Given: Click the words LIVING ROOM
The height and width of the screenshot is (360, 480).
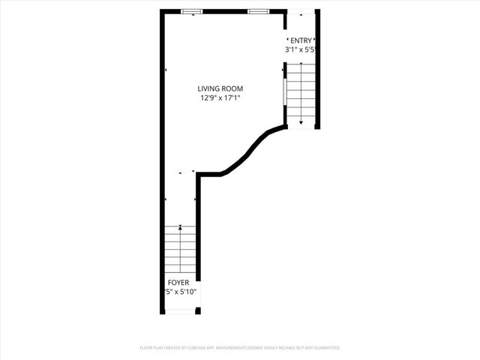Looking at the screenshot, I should [x=220, y=88].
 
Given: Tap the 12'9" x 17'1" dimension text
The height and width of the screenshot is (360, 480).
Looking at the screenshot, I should [x=220, y=98].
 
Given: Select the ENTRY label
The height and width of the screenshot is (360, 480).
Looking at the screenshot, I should [x=301, y=40].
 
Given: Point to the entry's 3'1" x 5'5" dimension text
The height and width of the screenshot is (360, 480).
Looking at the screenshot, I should [x=300, y=50].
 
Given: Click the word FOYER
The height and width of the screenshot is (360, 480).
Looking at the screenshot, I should [x=178, y=283].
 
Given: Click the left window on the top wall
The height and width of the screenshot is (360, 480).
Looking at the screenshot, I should [x=192, y=10].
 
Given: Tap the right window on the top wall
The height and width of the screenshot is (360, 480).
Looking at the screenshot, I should [x=259, y=10].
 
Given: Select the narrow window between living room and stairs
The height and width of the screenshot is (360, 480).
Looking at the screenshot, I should [x=284, y=93].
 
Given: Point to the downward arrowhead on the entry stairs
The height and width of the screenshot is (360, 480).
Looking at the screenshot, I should [x=301, y=121].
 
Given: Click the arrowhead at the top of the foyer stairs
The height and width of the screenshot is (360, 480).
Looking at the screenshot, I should [x=180, y=226].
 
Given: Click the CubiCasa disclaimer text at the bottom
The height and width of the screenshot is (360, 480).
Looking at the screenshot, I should [x=240, y=348].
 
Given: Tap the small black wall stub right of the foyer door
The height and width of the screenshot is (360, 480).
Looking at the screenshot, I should [x=198, y=310].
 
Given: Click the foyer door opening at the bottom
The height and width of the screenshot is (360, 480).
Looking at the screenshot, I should [x=180, y=310].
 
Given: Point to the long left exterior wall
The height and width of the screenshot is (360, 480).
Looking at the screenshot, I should [x=161, y=150].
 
